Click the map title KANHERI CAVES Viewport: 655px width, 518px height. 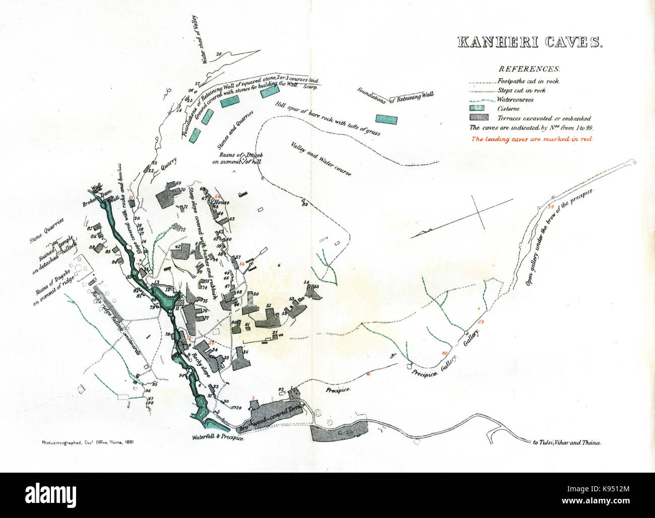click(529, 42)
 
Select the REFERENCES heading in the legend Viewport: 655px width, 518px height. click(529, 69)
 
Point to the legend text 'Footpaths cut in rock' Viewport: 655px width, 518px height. click(529, 81)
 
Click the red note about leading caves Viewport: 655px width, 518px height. click(531, 139)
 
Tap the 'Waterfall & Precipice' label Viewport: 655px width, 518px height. click(218, 438)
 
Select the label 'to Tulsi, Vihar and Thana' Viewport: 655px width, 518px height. click(567, 442)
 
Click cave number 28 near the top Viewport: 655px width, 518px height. click(219, 54)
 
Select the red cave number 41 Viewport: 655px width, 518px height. click(369, 374)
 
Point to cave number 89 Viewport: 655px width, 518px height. click(304, 204)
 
